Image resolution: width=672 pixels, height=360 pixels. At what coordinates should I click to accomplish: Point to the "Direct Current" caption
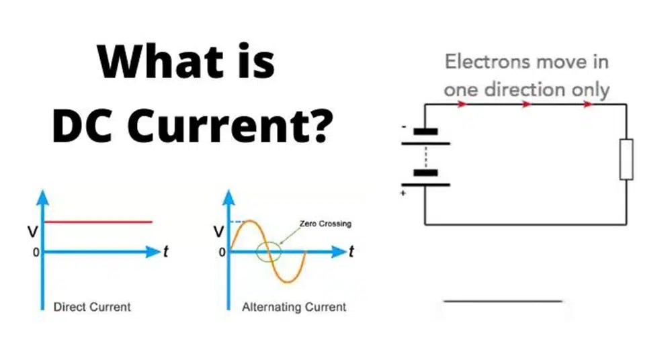(92, 307)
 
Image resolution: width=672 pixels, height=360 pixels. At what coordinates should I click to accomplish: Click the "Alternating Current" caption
(294, 307)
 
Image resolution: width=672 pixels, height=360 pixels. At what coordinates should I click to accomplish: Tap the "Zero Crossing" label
(326, 224)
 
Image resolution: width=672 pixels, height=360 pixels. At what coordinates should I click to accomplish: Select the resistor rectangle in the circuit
(626, 159)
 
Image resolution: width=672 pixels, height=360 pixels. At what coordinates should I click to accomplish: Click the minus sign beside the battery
(404, 126)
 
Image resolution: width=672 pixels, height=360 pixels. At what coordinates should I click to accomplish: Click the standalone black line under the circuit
(502, 301)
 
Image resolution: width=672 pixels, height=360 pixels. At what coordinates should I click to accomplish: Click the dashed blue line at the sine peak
(236, 222)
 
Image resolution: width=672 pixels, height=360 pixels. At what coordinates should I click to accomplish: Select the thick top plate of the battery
(425, 132)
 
